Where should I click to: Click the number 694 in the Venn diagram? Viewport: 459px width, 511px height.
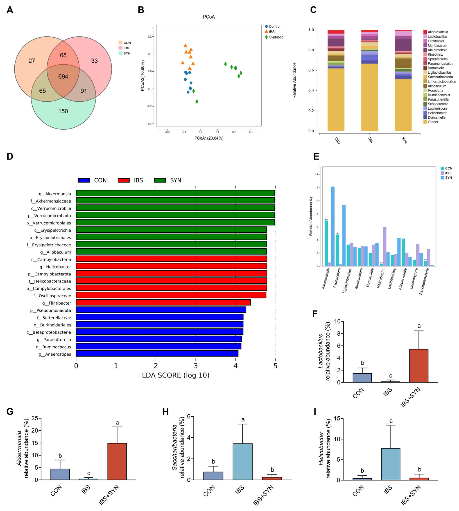point(63,77)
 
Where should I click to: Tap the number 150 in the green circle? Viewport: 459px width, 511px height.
point(63,111)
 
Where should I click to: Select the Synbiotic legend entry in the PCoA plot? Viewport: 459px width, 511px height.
point(276,37)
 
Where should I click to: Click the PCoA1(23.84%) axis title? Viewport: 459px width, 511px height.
point(209,138)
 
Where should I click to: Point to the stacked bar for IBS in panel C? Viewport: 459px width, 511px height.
point(369,81)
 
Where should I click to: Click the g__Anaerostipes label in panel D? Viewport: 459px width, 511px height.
point(55,354)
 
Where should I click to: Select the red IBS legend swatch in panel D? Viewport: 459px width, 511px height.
point(124,180)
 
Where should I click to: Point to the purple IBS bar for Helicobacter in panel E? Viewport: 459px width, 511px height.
point(385,246)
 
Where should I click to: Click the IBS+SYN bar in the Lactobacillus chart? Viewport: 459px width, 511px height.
point(419,366)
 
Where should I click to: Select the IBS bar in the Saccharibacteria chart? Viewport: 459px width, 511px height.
point(243,462)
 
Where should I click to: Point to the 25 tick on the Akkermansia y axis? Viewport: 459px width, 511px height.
point(35,418)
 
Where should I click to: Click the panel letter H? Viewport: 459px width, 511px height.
point(166,411)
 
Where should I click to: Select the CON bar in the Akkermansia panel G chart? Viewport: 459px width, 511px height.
point(60,474)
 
